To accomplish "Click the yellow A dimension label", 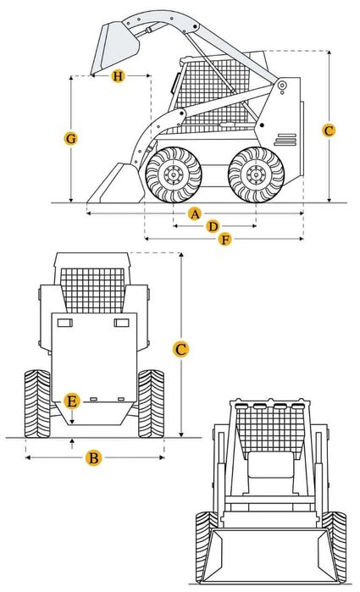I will [195, 213].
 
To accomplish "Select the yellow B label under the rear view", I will [94, 458].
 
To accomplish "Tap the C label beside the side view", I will [329, 130].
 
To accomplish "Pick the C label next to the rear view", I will [180, 349].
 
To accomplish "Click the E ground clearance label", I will [73, 400].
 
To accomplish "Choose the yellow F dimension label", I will [224, 240].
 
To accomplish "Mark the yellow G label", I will [71, 138].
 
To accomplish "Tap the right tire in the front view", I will [336, 538].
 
